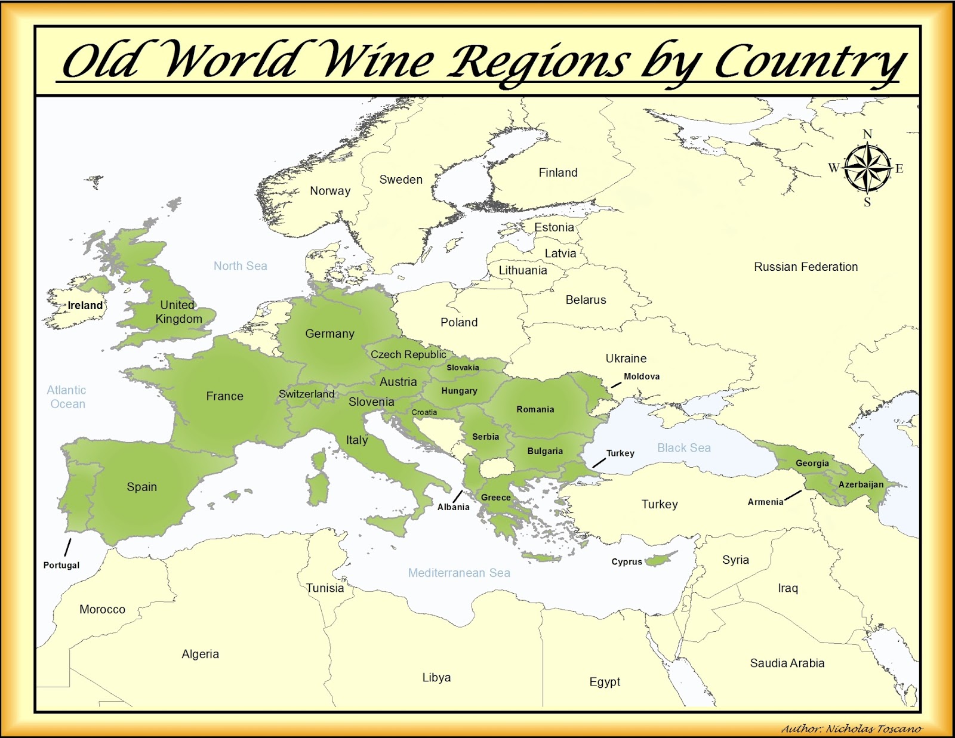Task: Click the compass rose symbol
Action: [x=867, y=168]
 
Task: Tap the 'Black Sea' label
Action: [x=684, y=448]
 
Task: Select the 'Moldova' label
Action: [x=642, y=376]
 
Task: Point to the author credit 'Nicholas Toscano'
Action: [x=874, y=729]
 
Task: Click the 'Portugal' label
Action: [x=61, y=565]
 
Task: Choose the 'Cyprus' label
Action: [x=627, y=561]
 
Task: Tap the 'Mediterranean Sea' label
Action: [x=459, y=573]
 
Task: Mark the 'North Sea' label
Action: [x=241, y=266]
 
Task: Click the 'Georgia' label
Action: [x=812, y=463]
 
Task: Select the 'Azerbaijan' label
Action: [x=861, y=484]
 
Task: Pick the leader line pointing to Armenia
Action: [x=793, y=496]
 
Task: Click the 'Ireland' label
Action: [x=85, y=305]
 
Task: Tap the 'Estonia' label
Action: [x=554, y=227]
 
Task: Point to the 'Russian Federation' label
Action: [x=806, y=267]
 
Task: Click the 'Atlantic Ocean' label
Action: [x=67, y=397]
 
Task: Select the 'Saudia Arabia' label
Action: [x=787, y=663]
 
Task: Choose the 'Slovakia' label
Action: [x=463, y=368]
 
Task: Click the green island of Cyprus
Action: [x=660, y=560]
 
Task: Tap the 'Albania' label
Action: [x=454, y=507]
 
